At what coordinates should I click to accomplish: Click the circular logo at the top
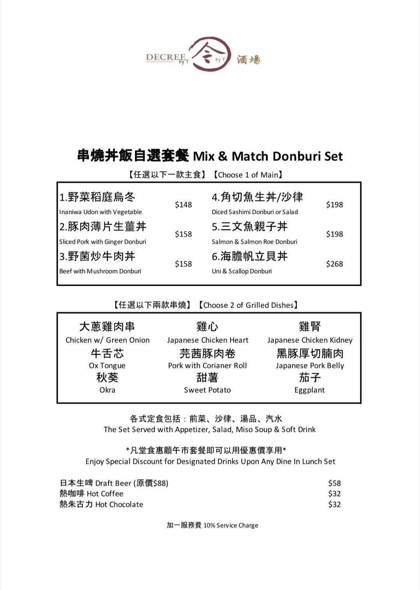click(210, 54)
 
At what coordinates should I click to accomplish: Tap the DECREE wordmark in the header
click(166, 57)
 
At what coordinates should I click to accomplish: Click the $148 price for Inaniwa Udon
click(183, 205)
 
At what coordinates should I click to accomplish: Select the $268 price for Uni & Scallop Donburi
click(334, 264)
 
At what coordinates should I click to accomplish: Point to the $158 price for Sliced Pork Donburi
click(183, 234)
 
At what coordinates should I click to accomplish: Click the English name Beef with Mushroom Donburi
click(100, 271)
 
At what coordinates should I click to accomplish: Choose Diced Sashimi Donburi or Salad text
click(255, 212)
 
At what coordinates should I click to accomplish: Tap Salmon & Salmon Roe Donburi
click(254, 242)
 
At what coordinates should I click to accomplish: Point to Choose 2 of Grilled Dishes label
click(248, 305)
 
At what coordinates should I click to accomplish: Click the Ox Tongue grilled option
click(107, 366)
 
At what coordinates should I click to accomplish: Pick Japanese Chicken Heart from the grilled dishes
click(208, 340)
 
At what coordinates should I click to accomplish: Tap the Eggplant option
click(310, 390)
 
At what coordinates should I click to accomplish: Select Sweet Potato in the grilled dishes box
click(207, 390)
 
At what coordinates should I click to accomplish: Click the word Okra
click(107, 390)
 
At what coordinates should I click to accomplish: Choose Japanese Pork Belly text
click(310, 366)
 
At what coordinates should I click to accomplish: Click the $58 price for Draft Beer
click(334, 483)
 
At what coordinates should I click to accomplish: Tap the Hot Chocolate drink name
click(119, 504)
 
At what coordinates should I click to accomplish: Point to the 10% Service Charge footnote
click(231, 525)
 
